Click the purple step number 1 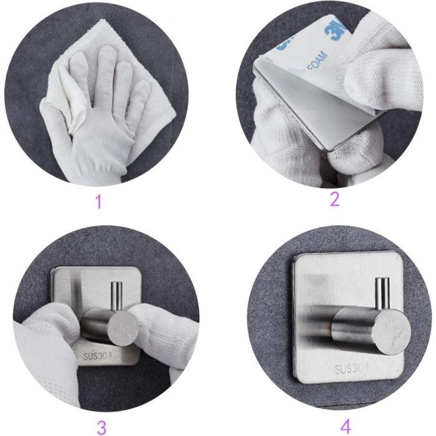point(97,202)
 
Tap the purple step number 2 point(334,199)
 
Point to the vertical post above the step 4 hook point(382,291)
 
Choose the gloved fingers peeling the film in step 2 point(374,75)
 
